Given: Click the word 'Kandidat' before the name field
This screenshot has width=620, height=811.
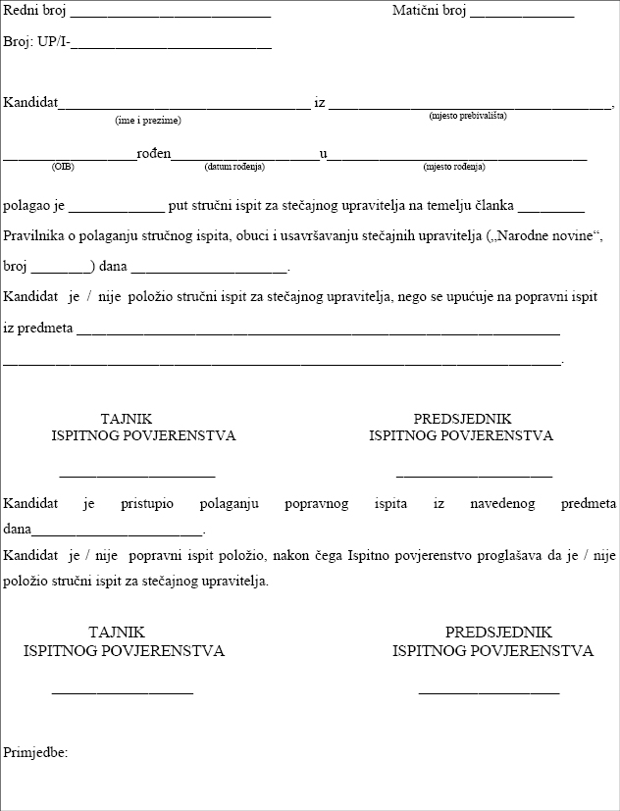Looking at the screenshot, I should click(30, 102).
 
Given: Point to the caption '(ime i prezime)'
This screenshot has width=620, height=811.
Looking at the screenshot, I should click(148, 120).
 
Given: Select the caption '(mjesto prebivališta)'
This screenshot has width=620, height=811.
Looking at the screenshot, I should click(468, 116).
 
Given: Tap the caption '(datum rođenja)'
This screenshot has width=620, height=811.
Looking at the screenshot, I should click(234, 167).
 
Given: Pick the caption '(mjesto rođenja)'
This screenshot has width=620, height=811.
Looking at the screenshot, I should click(454, 167).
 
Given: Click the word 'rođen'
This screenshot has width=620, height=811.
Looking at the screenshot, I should click(153, 154).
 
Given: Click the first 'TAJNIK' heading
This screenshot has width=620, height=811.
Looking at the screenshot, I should click(127, 419).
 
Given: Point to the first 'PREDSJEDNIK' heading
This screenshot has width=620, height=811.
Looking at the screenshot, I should click(462, 419).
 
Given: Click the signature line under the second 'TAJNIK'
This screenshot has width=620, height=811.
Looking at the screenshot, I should click(123, 692).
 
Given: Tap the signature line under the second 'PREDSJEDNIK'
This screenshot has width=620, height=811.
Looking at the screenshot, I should click(489, 692).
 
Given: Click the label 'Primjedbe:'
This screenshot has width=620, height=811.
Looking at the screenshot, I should click(35, 752).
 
